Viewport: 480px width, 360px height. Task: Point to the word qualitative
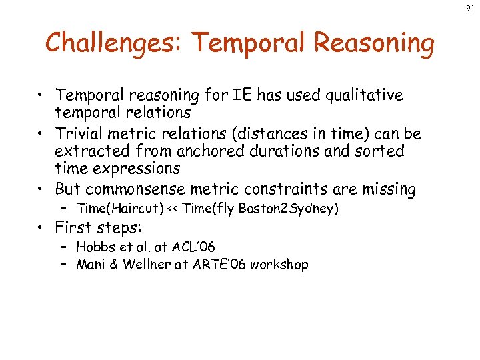click(359, 95)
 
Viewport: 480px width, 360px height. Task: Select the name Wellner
click(143, 265)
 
